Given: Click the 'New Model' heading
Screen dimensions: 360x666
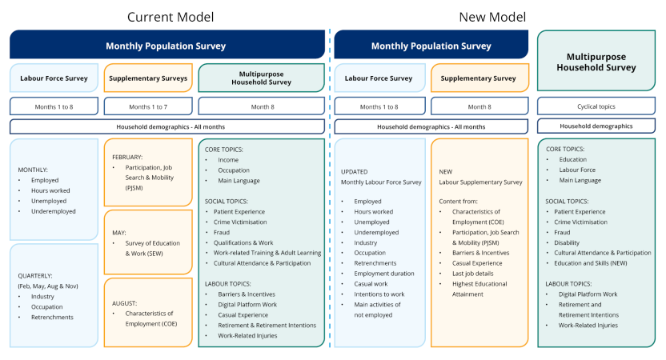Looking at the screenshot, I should click(491, 16).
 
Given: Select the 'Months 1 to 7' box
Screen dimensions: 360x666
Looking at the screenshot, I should click(147, 106).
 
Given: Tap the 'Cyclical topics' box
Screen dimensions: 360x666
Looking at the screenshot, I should click(596, 106).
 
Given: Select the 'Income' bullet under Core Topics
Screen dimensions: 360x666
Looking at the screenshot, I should click(227, 159).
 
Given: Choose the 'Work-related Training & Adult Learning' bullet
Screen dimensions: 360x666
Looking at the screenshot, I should click(267, 253).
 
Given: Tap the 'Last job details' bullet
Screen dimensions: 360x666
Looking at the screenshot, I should click(466, 274).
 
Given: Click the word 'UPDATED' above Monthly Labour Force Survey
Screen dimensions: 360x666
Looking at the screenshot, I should click(355, 171).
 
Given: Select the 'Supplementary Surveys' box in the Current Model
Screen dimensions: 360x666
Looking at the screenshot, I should click(147, 78).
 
